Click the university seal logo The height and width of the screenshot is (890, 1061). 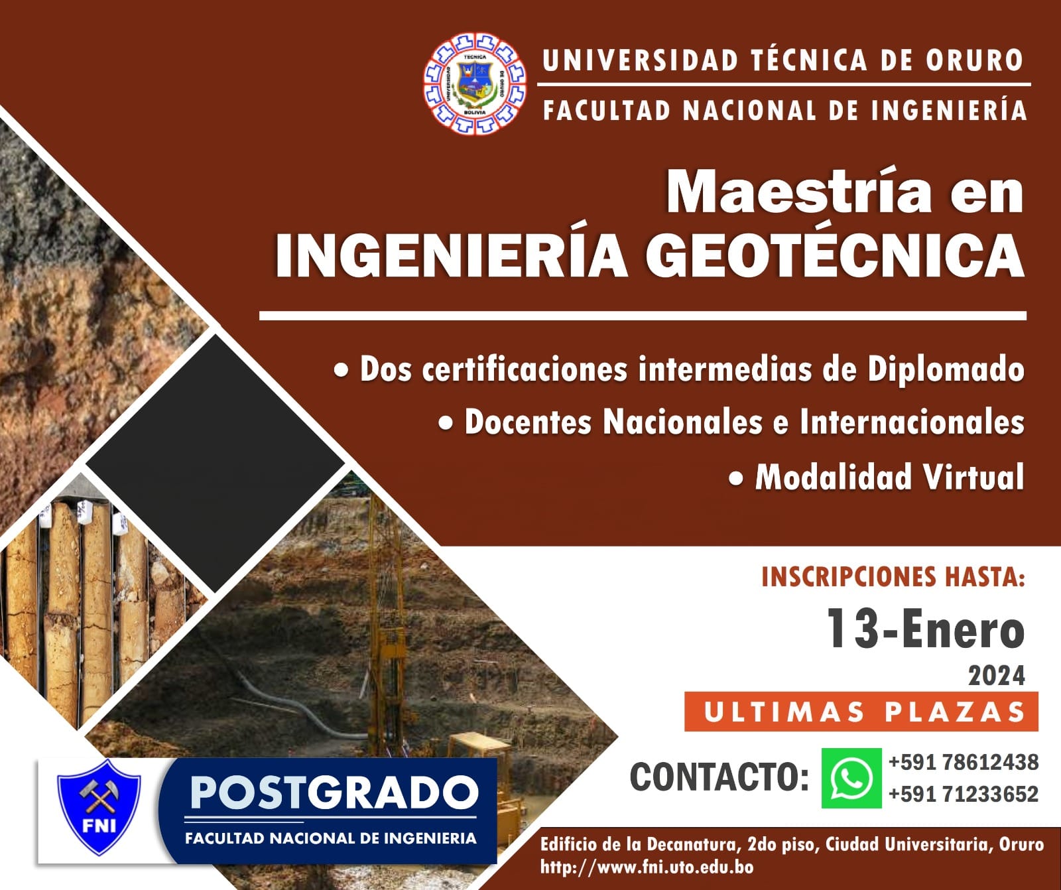click(x=475, y=83)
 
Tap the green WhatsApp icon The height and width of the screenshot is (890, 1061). click(x=851, y=778)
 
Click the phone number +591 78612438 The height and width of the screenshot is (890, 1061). click(x=964, y=763)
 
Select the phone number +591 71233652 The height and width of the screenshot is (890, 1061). click(x=964, y=794)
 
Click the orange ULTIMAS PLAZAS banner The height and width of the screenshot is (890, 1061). click(x=861, y=712)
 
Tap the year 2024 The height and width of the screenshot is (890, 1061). click(x=996, y=676)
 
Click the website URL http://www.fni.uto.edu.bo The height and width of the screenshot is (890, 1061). click(x=647, y=867)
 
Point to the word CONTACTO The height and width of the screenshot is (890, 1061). click(x=719, y=777)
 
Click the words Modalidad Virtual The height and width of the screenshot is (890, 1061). click(x=889, y=476)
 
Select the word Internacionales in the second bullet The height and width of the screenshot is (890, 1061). click(x=912, y=422)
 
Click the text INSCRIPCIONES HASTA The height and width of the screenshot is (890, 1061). click(x=893, y=577)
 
